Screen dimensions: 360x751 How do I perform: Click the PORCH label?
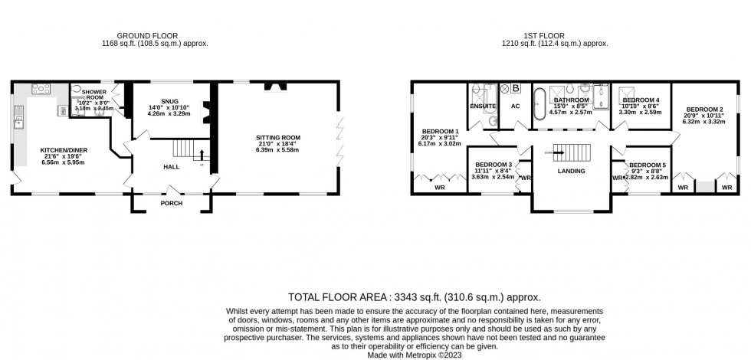[x=171, y=204]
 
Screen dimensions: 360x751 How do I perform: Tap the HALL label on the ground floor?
[x=170, y=166]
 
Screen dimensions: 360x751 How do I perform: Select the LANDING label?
[x=572, y=171]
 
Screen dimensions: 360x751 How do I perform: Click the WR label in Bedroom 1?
[x=439, y=187]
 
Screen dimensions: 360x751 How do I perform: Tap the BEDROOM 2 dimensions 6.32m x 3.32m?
[x=704, y=121]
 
